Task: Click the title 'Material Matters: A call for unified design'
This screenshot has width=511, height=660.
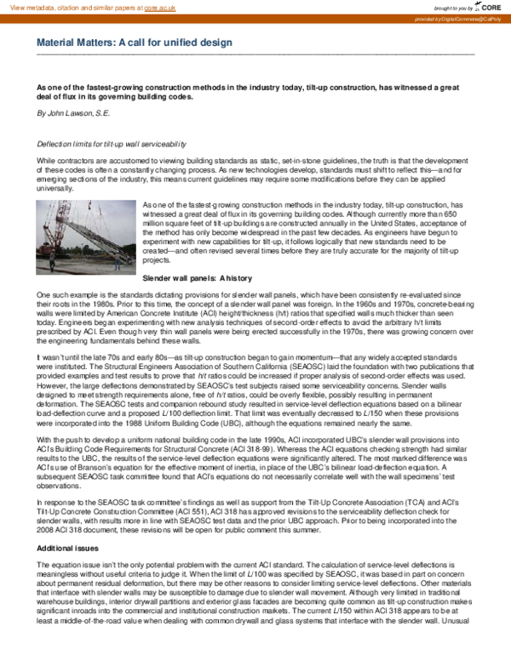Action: click(141, 42)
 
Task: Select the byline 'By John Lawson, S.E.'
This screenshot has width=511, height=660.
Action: click(73, 112)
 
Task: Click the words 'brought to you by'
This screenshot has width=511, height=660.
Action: click(447, 7)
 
